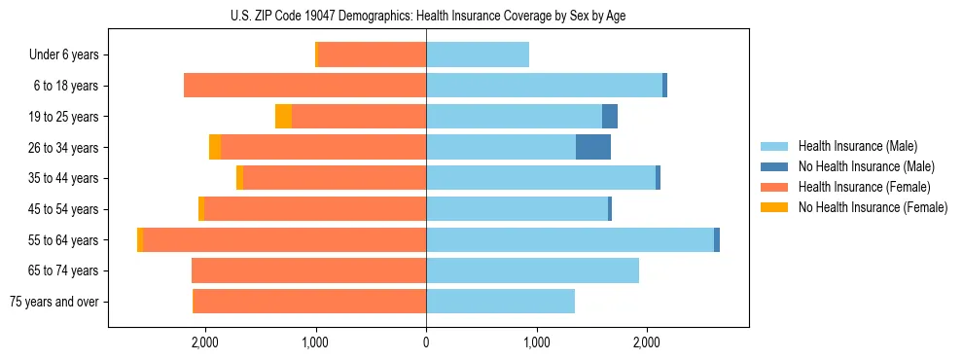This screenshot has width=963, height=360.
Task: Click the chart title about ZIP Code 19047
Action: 426,16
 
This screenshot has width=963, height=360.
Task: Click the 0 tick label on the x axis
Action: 426,342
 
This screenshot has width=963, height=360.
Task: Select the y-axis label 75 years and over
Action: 54,302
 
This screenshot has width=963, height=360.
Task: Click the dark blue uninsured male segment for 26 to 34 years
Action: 593,147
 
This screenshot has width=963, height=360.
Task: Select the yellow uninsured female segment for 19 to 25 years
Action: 283,117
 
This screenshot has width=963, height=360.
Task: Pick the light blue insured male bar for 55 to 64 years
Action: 570,239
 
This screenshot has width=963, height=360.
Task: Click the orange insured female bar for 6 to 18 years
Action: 304,86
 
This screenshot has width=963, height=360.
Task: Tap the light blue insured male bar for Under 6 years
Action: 478,54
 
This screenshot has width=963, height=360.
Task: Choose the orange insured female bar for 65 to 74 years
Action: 309,270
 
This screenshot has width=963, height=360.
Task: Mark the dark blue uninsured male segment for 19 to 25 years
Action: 610,117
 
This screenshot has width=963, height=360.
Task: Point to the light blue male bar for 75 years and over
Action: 500,302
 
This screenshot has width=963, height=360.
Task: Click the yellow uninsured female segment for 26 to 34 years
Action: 215,147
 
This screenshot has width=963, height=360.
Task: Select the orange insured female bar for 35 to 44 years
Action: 335,178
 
